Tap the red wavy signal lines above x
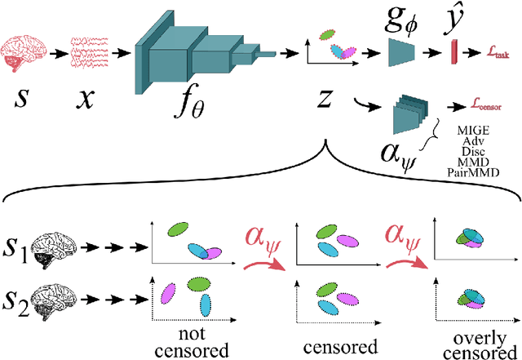tap(89, 51)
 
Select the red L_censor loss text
tap(486, 105)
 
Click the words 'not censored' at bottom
tap(195, 340)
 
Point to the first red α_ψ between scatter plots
tap(264, 237)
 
